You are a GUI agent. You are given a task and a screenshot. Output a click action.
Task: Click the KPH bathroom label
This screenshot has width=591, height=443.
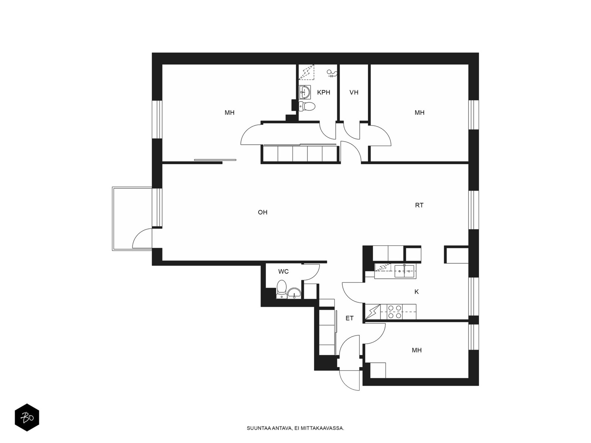tap(323, 93)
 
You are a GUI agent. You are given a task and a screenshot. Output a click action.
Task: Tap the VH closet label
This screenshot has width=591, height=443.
tap(354, 93)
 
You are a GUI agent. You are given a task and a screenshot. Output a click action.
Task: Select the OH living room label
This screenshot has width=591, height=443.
tap(263, 213)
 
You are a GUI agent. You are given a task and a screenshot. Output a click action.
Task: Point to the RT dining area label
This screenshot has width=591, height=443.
tap(419, 206)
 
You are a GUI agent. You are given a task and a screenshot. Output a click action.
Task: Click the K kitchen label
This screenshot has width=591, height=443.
tap(417, 292)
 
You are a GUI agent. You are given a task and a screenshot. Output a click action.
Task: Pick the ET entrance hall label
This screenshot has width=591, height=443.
tap(349, 319)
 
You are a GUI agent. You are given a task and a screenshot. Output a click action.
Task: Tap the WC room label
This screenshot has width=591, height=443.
tap(283, 272)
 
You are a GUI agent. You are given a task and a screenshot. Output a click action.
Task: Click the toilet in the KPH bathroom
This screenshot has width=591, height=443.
tap(307, 106)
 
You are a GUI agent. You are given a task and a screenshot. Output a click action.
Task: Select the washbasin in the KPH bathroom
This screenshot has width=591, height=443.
tap(305, 92)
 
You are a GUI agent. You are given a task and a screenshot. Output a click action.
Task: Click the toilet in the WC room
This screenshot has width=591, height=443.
tap(281, 289)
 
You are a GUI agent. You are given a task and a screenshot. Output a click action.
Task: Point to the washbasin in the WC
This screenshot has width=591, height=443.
tap(294, 293)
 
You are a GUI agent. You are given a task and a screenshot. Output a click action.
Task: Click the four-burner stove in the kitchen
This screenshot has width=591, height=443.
tap(394, 312)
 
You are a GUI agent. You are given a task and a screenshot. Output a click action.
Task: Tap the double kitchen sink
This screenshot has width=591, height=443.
tap(404, 271)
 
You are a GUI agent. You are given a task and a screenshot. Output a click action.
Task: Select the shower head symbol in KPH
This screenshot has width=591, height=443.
tap(332, 73)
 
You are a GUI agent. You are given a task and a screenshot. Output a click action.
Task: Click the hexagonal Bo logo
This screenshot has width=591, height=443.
tap(27, 418)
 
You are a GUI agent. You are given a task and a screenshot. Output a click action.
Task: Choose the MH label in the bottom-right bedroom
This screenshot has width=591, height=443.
tap(417, 350)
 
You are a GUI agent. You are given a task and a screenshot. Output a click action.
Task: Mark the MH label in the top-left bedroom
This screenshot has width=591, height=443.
tap(229, 113)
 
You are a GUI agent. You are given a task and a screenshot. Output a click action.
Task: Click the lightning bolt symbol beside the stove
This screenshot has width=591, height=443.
tap(373, 312)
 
